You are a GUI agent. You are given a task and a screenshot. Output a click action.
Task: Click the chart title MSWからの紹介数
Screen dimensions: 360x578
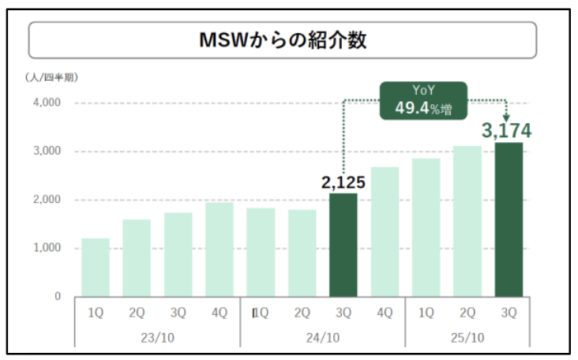point(282,41)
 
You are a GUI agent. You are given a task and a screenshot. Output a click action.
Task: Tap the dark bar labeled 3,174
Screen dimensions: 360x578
point(508,219)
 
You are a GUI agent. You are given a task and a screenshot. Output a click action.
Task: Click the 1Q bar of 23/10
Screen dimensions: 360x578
point(96,267)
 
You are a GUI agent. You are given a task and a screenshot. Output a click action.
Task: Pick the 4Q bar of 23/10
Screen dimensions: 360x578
point(219,249)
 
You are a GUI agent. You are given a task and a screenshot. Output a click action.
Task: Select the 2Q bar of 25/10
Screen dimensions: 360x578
point(467,221)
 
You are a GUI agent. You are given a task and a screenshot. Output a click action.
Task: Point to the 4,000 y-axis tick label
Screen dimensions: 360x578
point(47,103)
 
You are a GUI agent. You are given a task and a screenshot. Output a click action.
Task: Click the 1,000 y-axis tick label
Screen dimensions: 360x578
point(47,248)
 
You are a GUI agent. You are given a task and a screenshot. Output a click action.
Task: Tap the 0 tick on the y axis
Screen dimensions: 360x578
point(57,296)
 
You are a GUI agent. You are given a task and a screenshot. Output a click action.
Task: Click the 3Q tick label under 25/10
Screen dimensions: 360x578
point(508,313)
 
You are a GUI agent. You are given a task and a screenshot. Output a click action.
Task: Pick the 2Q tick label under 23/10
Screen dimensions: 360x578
point(137,313)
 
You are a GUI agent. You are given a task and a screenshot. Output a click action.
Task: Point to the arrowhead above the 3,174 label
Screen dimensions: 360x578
point(506,117)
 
